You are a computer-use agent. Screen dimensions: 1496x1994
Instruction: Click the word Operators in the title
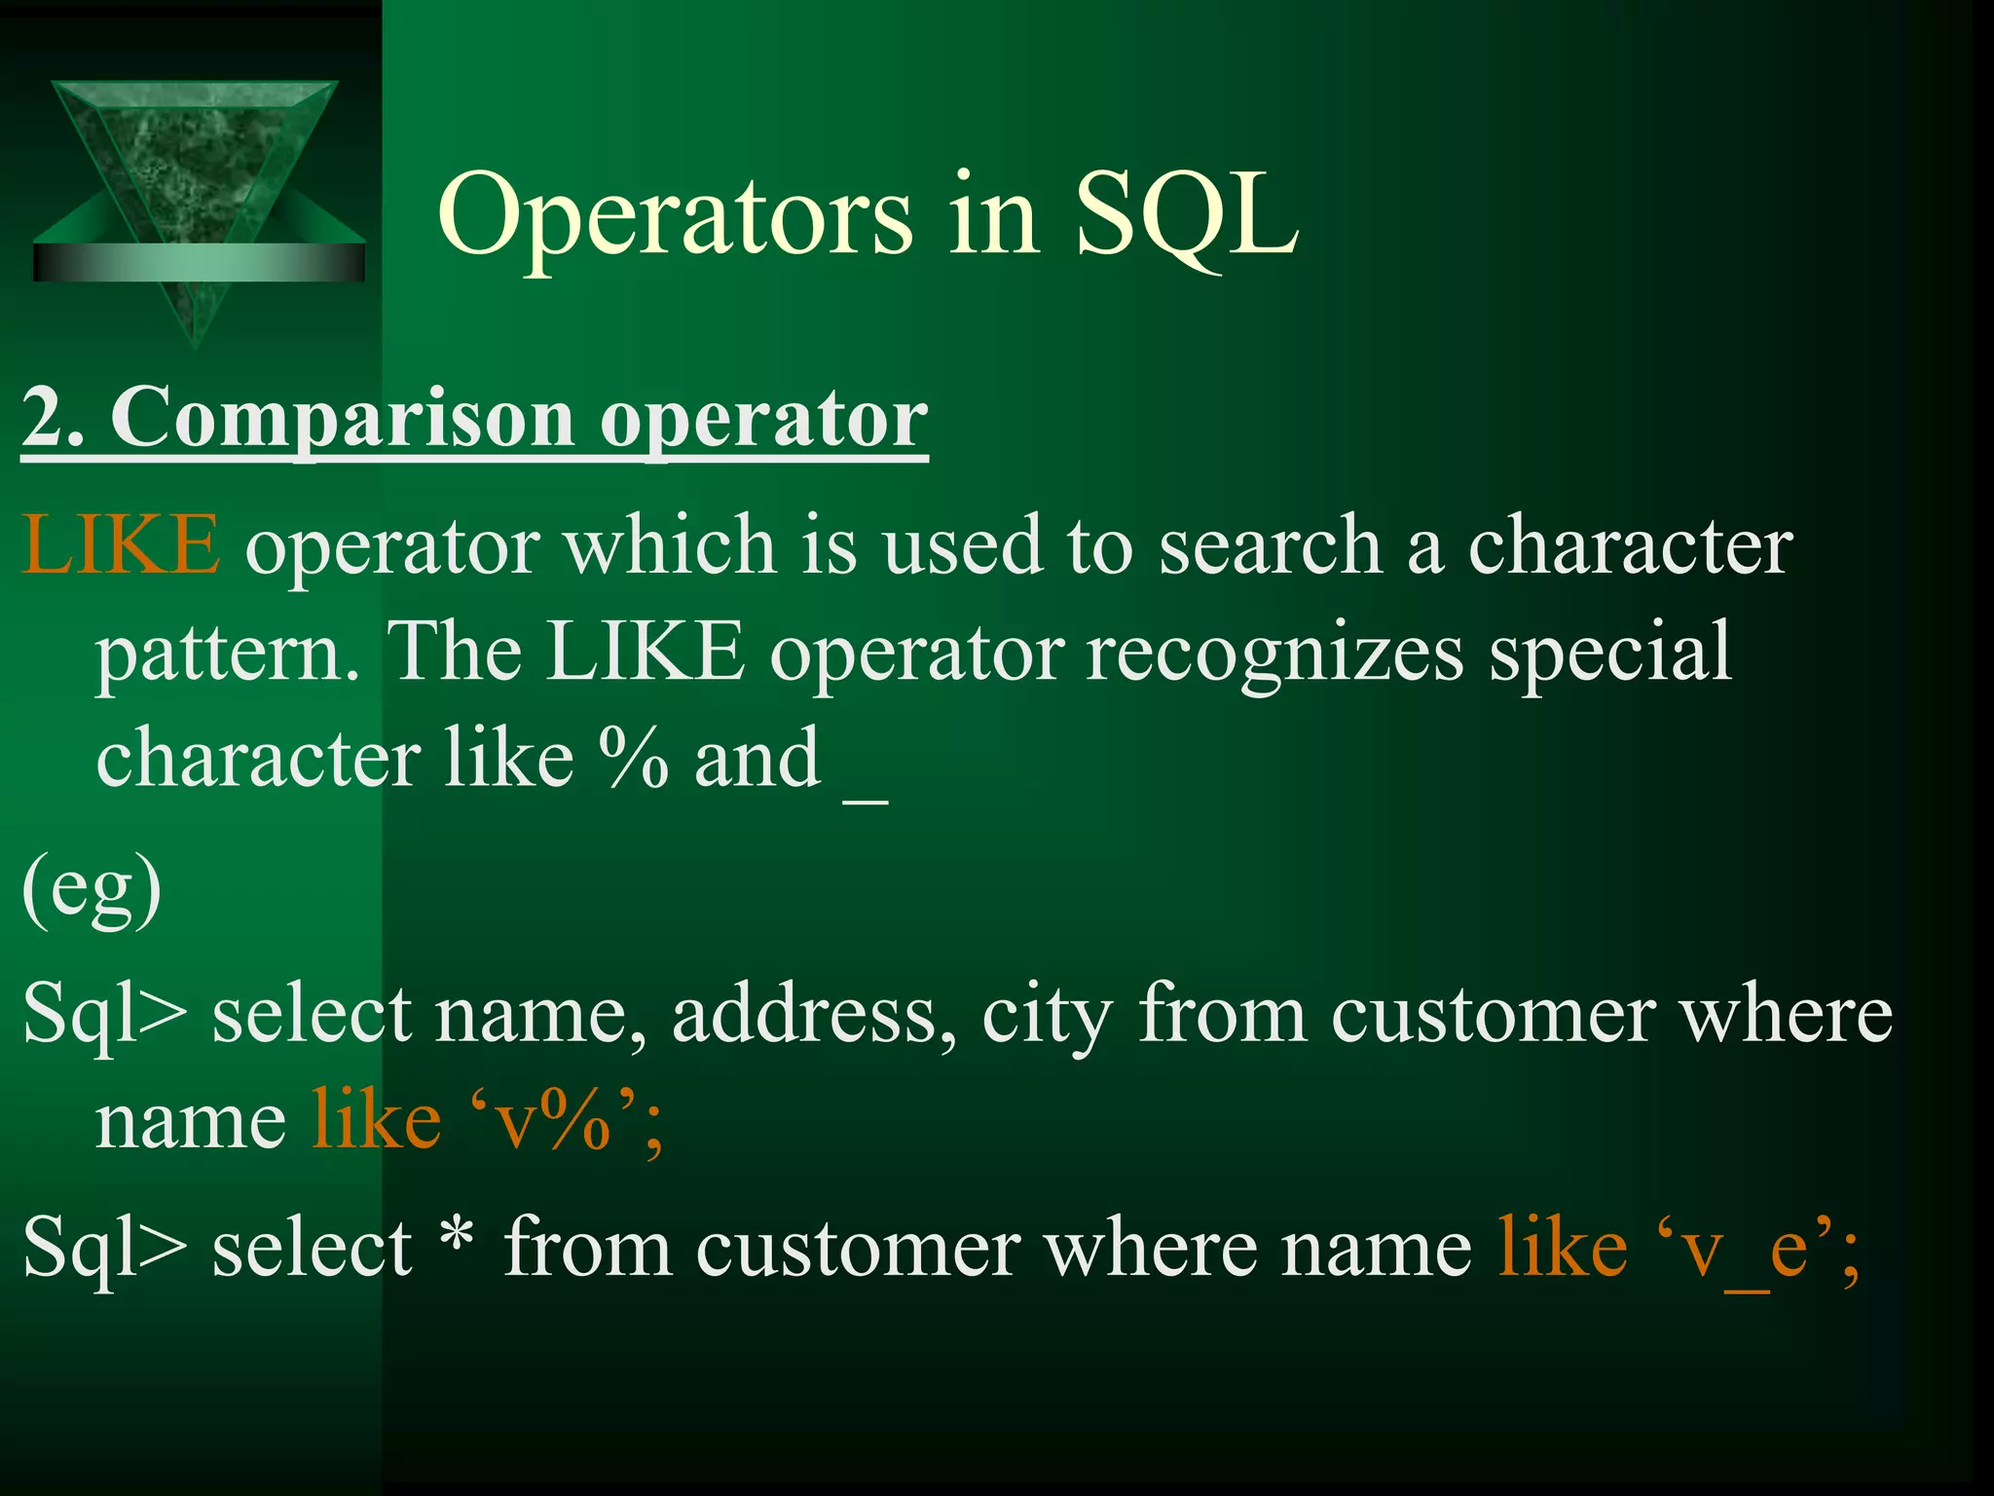click(674, 216)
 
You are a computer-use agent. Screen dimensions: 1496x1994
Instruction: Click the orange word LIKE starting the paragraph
click(121, 545)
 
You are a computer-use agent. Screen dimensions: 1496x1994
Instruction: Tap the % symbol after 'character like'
click(633, 758)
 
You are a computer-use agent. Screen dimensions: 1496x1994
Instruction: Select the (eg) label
click(92, 888)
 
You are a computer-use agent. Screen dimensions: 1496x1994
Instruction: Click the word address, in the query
click(814, 1015)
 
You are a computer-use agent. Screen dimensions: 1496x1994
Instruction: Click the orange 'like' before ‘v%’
click(376, 1120)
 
